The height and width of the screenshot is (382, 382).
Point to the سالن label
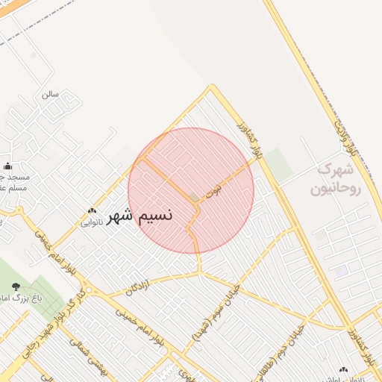(50, 95)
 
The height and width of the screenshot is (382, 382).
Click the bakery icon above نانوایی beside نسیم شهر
(93, 211)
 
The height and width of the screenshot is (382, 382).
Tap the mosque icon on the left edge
(8, 166)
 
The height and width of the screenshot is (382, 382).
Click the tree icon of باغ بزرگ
(16, 286)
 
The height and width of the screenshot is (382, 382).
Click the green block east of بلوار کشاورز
(279, 164)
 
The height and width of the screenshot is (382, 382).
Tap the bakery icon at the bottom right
(344, 369)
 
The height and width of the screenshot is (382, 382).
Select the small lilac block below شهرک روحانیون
(341, 272)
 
